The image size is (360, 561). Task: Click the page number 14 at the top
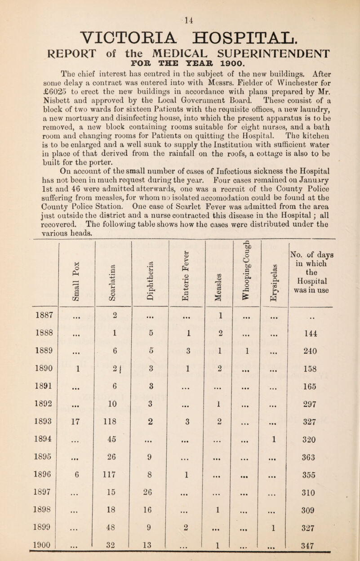[179, 7]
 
